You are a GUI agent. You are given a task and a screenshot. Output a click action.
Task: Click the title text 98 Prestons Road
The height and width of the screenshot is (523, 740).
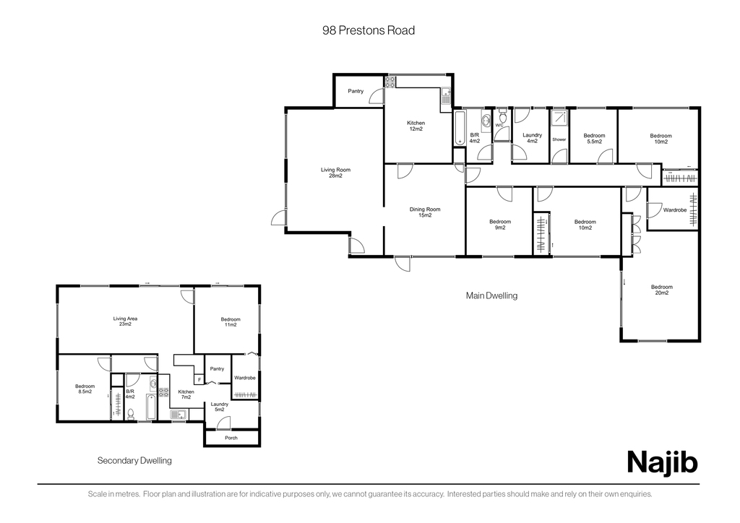pyautogui.click(x=369, y=30)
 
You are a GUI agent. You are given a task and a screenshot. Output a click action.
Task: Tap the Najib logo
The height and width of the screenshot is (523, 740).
pyautogui.click(x=662, y=462)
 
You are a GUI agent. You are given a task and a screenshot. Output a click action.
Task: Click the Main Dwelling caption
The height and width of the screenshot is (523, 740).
pyautogui.click(x=491, y=295)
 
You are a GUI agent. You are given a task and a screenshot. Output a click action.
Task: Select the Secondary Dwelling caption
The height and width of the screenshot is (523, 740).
pyautogui.click(x=134, y=460)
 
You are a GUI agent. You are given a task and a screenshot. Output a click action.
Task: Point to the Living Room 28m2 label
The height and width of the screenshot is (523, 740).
pyautogui.click(x=335, y=173)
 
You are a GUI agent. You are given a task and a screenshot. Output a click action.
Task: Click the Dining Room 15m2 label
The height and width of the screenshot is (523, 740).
pyautogui.click(x=425, y=212)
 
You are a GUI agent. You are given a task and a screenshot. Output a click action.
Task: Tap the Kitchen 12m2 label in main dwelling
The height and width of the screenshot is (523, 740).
pyautogui.click(x=416, y=126)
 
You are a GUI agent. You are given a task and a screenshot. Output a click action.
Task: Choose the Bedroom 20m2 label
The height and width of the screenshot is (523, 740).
pyautogui.click(x=662, y=290)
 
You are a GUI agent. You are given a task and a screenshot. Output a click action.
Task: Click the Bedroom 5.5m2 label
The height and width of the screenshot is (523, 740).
pyautogui.click(x=594, y=139)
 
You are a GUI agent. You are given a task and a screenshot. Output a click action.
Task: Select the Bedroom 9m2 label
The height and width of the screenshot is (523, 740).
pyautogui.click(x=500, y=225)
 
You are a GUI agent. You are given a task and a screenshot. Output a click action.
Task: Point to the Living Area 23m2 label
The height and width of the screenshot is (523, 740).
pyautogui.click(x=125, y=321)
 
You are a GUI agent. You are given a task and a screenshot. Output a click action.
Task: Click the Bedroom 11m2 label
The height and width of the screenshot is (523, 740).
pyautogui.click(x=231, y=322)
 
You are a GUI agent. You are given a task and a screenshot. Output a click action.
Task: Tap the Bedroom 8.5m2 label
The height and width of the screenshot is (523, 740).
pyautogui.click(x=85, y=389)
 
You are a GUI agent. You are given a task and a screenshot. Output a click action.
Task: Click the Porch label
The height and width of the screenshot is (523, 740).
pyautogui.click(x=231, y=438)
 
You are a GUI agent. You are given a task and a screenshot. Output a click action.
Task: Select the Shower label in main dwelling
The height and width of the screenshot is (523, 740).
pyautogui.click(x=559, y=139)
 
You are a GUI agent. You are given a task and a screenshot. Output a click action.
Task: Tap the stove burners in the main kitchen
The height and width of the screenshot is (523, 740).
pyautogui.click(x=390, y=82)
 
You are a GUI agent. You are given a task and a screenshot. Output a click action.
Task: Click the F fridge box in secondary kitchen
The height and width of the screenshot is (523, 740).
pyautogui.click(x=199, y=380)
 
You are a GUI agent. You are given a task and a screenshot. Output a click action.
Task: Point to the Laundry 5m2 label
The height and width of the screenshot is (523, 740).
pyautogui.click(x=220, y=407)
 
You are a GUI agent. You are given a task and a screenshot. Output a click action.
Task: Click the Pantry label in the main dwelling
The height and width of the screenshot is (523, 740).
pyautogui.click(x=356, y=91)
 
